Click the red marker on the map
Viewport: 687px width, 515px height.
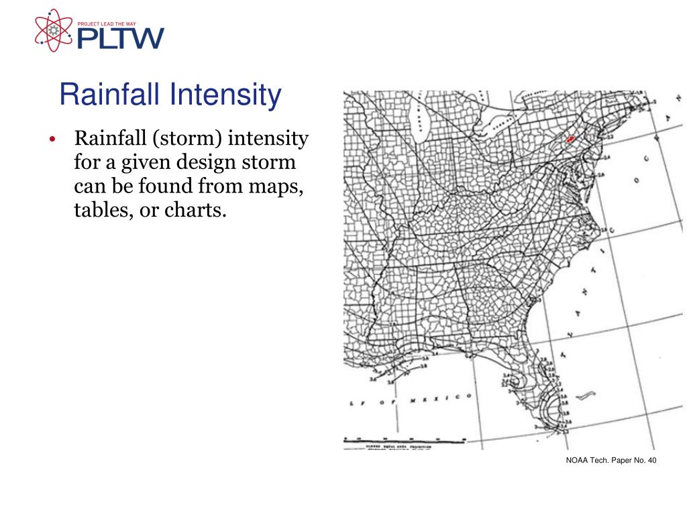pyautogui.click(x=570, y=139)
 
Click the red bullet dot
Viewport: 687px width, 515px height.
pyautogui.click(x=51, y=140)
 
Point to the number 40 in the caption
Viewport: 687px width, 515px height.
pyautogui.click(x=651, y=459)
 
